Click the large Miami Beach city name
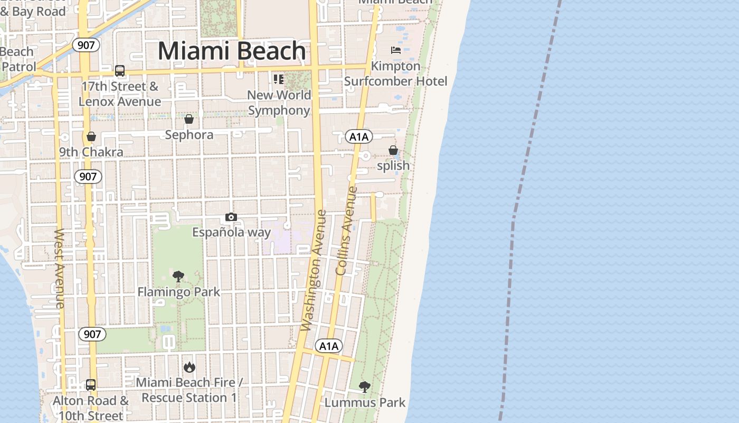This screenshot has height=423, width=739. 232,51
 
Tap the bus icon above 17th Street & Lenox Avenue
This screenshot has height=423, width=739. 120,71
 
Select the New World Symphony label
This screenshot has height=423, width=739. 279,103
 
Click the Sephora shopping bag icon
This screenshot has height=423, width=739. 189,119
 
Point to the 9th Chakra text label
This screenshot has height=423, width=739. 91,152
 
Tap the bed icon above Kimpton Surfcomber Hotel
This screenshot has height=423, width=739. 396,50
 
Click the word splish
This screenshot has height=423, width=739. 393,165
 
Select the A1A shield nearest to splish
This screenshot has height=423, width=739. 359,137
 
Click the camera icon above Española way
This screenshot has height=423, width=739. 231,217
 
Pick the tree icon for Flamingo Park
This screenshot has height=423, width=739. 178,276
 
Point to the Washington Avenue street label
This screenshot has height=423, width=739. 314,271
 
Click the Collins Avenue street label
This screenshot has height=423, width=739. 346,231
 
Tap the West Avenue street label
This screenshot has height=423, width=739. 59,268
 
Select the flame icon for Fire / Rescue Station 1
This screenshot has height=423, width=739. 189,366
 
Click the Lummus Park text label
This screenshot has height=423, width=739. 365,402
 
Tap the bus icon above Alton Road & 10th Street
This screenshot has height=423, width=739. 91,384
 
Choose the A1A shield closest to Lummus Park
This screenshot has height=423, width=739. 329,346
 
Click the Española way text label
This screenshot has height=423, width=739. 231,232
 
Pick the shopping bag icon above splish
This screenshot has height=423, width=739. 393,151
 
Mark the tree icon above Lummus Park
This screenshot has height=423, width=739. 364,387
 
